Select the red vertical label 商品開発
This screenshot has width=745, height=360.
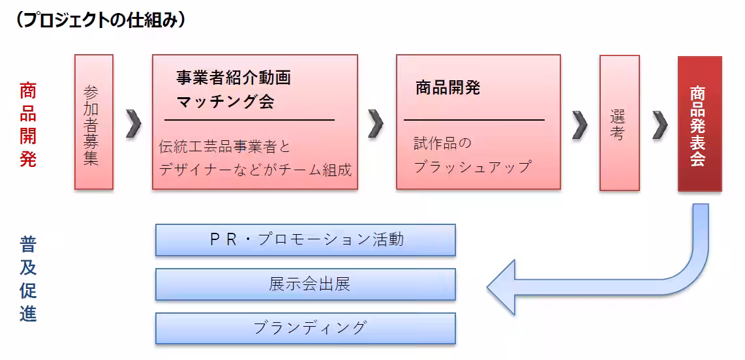(28, 124)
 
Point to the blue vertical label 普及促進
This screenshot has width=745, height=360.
(28, 278)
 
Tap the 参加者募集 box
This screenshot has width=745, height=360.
(93, 122)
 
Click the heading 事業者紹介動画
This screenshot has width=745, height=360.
(233, 78)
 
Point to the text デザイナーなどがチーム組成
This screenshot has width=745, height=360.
(255, 170)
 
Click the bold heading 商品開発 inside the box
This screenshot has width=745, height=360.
(448, 88)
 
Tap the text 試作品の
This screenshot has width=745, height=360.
(442, 143)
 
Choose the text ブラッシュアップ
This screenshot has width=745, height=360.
(472, 166)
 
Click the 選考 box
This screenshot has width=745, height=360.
(618, 123)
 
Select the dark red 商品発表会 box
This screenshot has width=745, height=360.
(699, 123)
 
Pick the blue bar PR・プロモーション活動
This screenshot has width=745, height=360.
(305, 239)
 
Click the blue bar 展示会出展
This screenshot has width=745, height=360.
(305, 284)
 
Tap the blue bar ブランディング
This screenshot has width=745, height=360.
(305, 328)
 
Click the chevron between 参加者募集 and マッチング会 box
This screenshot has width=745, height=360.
(133, 123)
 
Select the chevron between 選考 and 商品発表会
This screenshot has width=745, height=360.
(660, 124)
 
